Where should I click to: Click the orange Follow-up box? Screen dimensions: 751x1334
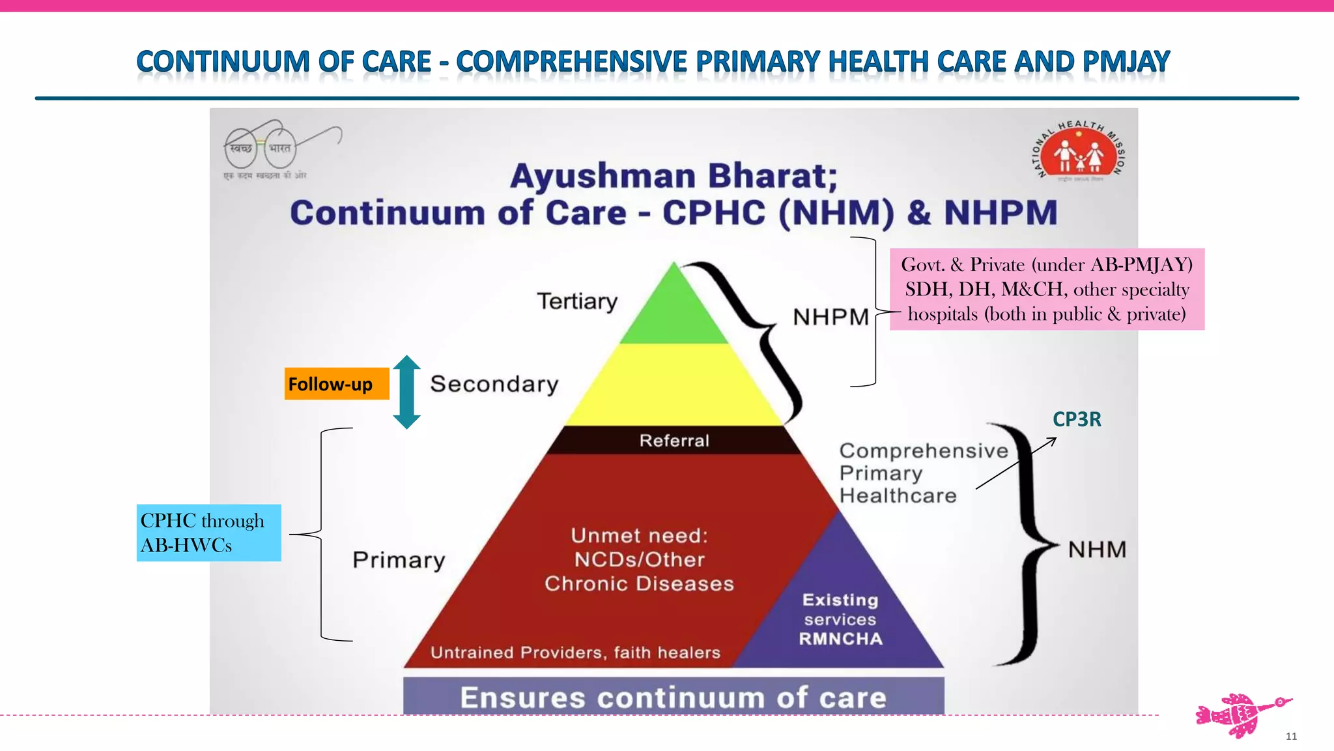click(x=336, y=384)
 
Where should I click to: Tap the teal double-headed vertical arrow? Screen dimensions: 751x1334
click(x=406, y=392)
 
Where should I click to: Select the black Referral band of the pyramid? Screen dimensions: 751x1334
click(x=674, y=441)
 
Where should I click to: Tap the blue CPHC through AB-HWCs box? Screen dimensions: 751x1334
click(x=208, y=533)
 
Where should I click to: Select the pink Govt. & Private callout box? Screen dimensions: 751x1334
click(x=1047, y=289)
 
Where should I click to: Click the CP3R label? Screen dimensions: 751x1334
click(x=1077, y=419)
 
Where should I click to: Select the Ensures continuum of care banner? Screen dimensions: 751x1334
click(x=674, y=697)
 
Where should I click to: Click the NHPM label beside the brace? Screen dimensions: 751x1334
click(x=830, y=317)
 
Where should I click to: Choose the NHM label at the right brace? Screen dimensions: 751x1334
click(x=1097, y=550)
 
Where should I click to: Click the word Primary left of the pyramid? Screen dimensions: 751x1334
click(x=399, y=560)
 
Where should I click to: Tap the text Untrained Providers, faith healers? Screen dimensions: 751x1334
click(x=575, y=653)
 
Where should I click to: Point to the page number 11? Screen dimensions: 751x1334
click(x=1291, y=736)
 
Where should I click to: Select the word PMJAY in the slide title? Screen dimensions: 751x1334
click(x=1126, y=62)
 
